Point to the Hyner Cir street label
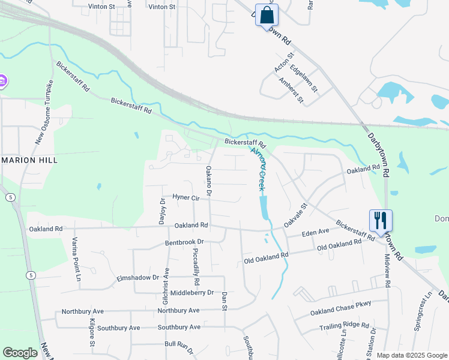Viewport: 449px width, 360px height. [x=185, y=197]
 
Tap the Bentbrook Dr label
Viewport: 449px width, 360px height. [x=185, y=242]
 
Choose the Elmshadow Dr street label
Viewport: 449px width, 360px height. [x=138, y=278]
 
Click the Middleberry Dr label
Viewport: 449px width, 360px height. [x=192, y=292]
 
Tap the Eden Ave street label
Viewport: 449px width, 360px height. [x=315, y=232]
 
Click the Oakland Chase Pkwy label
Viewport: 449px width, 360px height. [x=340, y=308]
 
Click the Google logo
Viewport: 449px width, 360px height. [x=20, y=353]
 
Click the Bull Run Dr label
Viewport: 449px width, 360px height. [x=179, y=344]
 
